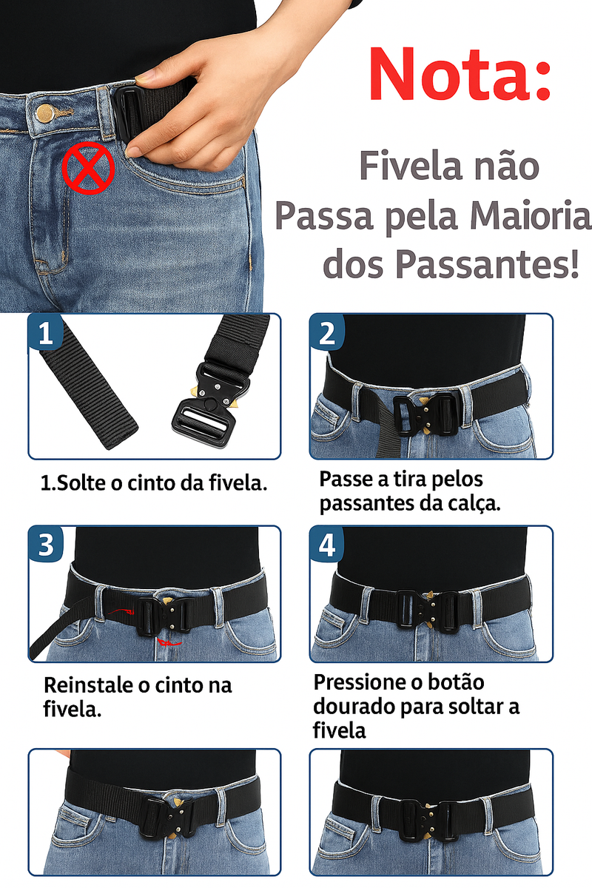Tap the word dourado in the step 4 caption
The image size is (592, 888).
point(354,706)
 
